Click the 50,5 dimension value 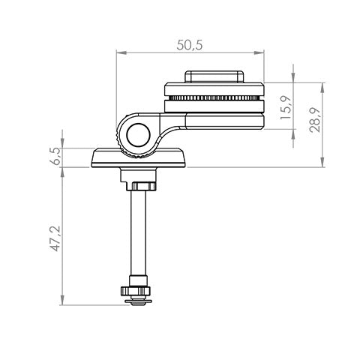tap(190, 45)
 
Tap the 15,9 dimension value tap(286, 107)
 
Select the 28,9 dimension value tap(315, 120)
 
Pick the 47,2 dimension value tap(55, 238)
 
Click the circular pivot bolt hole tap(138, 135)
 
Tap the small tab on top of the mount tap(214, 76)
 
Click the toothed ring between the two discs tap(214, 97)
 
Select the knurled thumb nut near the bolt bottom tap(136, 290)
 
